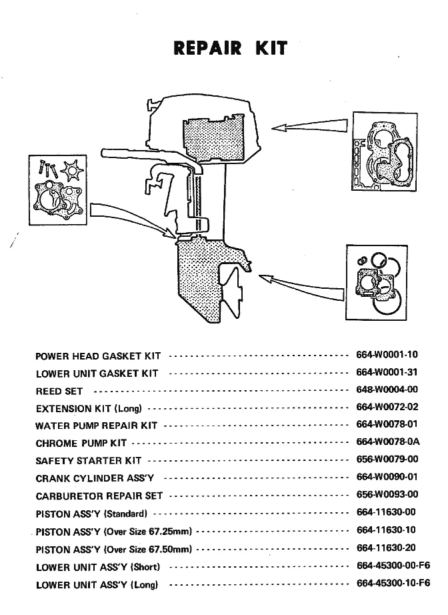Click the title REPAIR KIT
coord(230,48)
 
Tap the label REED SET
coord(59,391)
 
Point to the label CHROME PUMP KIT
coord(81,443)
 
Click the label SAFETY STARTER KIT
coord(88,460)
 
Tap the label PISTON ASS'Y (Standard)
coord(91,514)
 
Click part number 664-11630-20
coord(387,548)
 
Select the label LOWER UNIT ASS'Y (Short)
coord(97,567)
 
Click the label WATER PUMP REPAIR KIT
coord(96,426)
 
